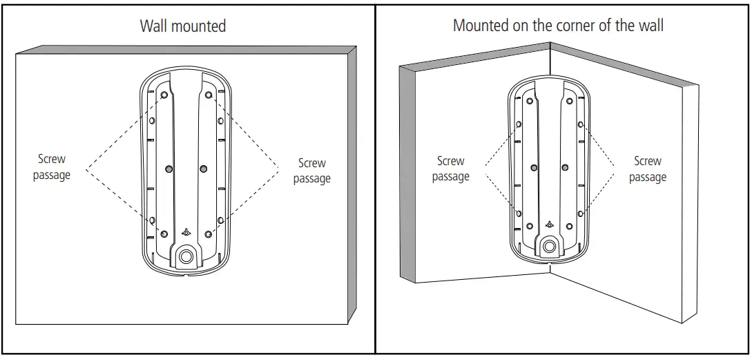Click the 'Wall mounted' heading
(x=183, y=26)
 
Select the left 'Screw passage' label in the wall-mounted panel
(x=52, y=167)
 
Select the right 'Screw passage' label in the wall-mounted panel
(x=311, y=171)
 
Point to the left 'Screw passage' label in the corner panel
(x=450, y=169)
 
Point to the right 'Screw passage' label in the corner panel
(x=647, y=169)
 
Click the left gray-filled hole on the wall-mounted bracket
(x=169, y=168)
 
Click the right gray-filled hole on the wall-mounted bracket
(x=202, y=168)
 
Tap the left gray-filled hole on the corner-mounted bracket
(x=534, y=167)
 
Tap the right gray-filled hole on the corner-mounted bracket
(x=565, y=167)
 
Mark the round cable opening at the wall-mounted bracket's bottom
(x=186, y=256)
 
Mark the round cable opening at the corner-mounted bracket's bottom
(x=550, y=245)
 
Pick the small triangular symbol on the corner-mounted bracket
(x=550, y=224)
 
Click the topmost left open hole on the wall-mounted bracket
(x=164, y=95)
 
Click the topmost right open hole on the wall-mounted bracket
(x=208, y=95)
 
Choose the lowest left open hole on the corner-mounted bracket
(x=529, y=226)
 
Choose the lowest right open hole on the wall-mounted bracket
(x=208, y=233)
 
